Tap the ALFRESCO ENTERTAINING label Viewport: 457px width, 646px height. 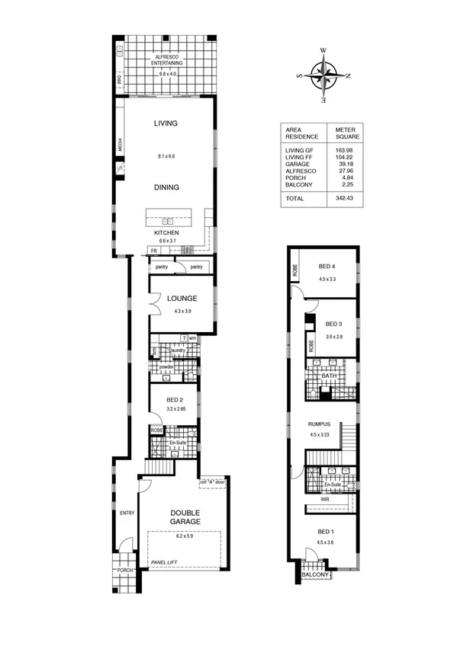coord(166,60)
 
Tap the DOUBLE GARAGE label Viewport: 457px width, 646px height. coord(185,517)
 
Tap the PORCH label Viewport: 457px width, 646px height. coord(124,570)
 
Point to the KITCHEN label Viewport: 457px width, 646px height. coord(166,232)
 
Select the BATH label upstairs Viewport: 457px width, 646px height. coord(329,375)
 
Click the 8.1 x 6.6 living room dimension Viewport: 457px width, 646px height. coord(166,155)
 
